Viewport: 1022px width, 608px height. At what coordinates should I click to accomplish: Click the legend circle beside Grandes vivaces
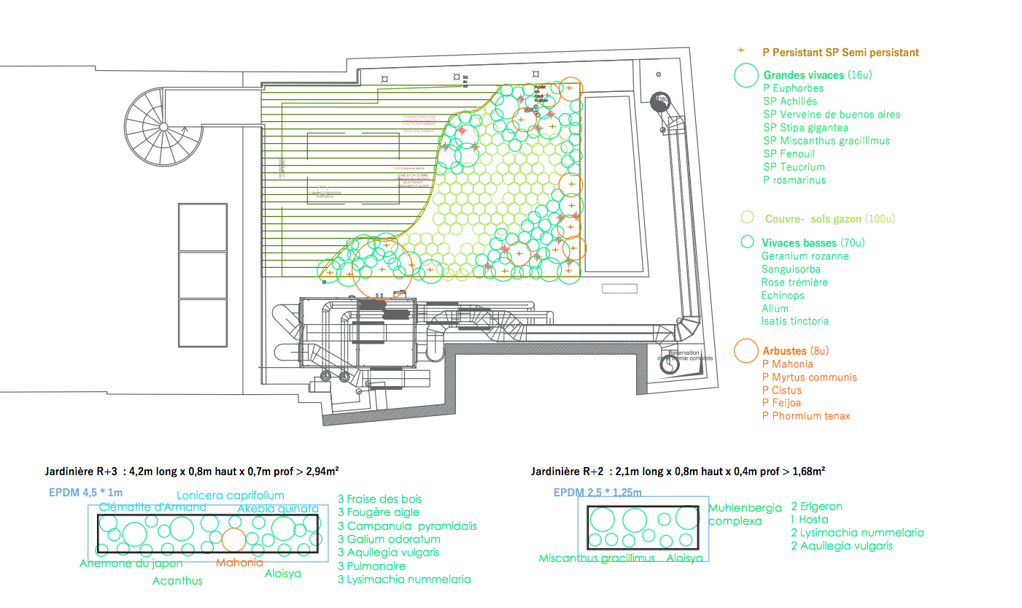pos(746,74)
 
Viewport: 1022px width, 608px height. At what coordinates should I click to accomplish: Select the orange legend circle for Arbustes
pos(746,351)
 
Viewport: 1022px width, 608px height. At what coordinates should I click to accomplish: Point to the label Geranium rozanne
pos(805,256)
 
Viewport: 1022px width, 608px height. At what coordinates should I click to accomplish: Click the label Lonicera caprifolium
pos(230,496)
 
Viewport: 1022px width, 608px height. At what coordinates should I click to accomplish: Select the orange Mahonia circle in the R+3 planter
pos(233,539)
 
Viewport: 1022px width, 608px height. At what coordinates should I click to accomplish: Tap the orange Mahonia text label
pos(239,563)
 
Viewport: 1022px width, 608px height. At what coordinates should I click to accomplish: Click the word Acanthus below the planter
pos(177,581)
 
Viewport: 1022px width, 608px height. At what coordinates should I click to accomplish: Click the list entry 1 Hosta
pos(809,520)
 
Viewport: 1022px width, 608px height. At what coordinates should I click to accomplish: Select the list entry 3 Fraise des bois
pos(379,499)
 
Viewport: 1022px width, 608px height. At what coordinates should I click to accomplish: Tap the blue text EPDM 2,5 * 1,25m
pos(597,493)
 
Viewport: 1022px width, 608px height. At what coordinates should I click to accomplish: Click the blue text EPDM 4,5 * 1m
pos(85,493)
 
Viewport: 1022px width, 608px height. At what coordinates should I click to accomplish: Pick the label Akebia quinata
pos(278,509)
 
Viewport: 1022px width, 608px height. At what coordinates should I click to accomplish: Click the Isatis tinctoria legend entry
pos(794,321)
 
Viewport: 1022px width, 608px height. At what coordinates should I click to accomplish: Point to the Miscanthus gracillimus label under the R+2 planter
pos(597,558)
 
